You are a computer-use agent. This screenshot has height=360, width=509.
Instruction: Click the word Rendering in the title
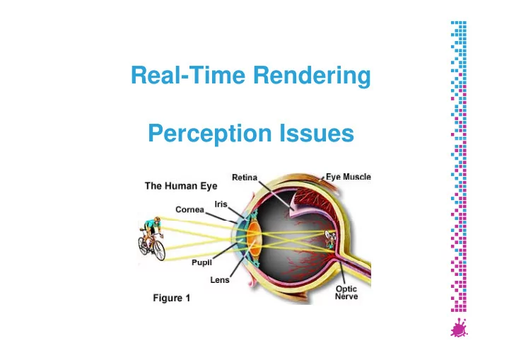[312, 76]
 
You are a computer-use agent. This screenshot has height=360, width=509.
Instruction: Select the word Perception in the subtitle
[210, 134]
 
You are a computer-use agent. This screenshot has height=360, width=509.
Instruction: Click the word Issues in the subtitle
[317, 132]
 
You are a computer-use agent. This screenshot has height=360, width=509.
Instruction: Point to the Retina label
[245, 178]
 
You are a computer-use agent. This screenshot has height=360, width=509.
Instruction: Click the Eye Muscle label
[349, 177]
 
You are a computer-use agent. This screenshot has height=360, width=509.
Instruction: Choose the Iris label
[221, 204]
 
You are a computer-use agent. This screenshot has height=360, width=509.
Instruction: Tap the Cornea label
[189, 209]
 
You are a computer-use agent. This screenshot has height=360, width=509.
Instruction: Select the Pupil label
[201, 262]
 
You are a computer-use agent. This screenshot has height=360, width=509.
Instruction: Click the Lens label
[220, 280]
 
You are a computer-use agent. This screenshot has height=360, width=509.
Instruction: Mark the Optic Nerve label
[346, 292]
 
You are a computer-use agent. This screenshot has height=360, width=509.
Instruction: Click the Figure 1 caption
[171, 298]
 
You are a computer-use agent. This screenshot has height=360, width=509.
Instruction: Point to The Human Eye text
[181, 186]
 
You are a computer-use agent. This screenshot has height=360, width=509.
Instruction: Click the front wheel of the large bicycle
[159, 250]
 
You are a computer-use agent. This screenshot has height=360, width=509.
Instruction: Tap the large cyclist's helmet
[157, 219]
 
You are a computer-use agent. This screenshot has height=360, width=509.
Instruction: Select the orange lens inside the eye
[254, 240]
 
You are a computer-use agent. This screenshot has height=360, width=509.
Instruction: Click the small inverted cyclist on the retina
[330, 240]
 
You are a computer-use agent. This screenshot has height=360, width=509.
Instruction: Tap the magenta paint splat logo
[459, 328]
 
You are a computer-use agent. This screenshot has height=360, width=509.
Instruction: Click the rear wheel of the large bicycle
[143, 245]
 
